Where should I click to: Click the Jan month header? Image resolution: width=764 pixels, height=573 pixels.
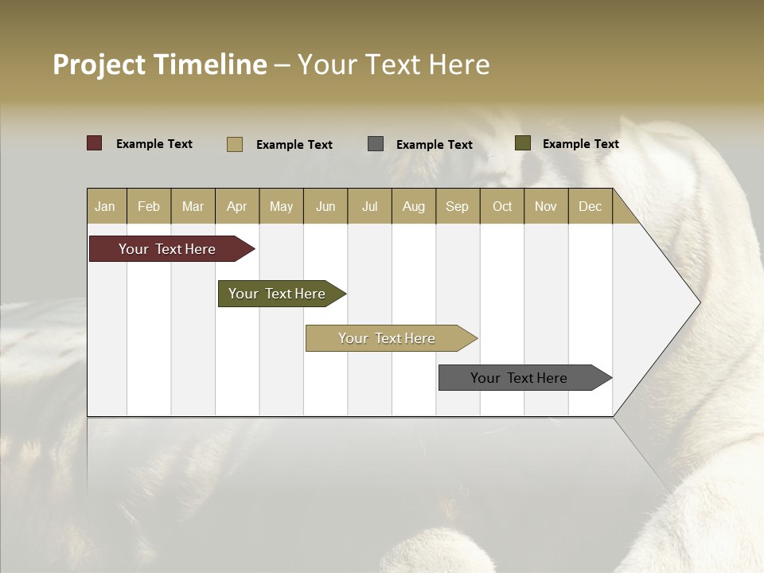tap(105, 206)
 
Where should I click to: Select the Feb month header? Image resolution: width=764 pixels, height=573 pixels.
tap(149, 206)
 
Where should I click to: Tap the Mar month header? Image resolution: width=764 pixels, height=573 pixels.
tap(193, 206)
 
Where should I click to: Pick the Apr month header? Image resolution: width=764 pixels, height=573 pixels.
tap(236, 206)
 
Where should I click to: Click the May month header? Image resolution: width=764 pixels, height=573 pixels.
tap(281, 206)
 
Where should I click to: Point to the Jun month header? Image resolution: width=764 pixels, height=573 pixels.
tap(325, 206)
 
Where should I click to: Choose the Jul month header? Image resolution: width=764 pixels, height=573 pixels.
tap(369, 206)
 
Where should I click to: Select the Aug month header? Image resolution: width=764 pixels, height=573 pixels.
tap(413, 206)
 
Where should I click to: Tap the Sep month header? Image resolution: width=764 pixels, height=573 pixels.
tap(457, 206)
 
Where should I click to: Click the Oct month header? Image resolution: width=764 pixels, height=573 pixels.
tap(502, 206)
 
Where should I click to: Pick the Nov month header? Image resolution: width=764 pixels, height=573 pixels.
tap(546, 206)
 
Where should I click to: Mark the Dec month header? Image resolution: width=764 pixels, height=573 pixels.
tap(590, 206)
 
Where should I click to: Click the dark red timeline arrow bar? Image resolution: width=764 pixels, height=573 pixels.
tap(168, 249)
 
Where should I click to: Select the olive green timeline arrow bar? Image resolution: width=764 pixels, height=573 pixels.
tap(278, 294)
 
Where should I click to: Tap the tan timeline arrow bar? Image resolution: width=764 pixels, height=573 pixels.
tap(388, 338)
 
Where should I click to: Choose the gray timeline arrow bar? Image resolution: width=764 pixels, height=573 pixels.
tap(520, 378)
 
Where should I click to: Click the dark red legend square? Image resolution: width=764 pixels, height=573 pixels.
tap(95, 143)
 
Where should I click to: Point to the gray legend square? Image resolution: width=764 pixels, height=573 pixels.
tap(376, 143)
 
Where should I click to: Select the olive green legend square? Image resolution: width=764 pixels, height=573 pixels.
tap(523, 143)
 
